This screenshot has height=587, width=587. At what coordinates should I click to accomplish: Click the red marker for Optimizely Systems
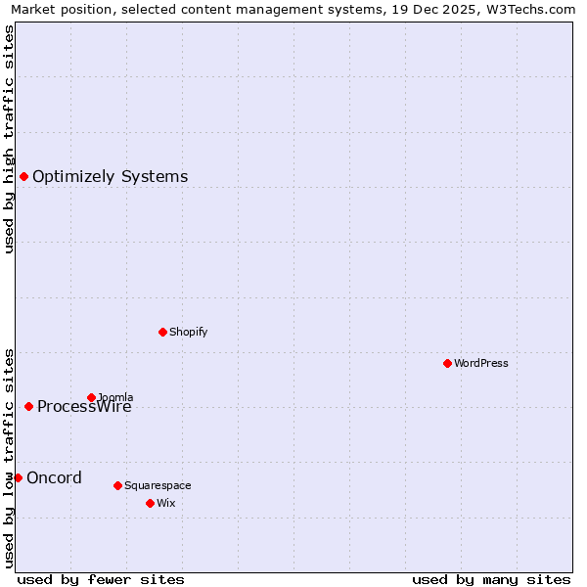23,176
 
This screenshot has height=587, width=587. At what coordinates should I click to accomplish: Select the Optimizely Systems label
110,177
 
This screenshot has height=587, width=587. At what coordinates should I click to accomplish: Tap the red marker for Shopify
162,332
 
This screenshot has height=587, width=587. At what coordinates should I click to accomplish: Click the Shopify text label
188,332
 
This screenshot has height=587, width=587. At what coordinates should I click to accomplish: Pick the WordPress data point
447,363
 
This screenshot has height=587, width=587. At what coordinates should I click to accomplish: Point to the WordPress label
480,363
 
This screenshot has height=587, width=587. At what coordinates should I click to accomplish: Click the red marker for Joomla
91,397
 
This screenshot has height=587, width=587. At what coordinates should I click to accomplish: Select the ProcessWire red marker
28,406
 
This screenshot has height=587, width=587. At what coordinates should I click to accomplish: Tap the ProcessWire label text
84,407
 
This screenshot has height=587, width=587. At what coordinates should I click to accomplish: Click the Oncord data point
18,477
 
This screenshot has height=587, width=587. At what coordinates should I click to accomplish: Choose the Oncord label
54,478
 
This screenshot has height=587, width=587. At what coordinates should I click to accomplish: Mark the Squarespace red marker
117,485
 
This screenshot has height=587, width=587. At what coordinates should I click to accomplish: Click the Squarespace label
158,485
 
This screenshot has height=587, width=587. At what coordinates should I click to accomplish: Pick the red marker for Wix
150,503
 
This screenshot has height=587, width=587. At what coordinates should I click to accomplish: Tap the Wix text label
165,503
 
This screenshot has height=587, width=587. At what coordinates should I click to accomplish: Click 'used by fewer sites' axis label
101,579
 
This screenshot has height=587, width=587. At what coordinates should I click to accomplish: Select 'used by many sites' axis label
491,579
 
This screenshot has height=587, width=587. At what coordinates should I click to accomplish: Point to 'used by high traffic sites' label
9,139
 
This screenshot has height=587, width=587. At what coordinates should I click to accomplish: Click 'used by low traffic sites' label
9,458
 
